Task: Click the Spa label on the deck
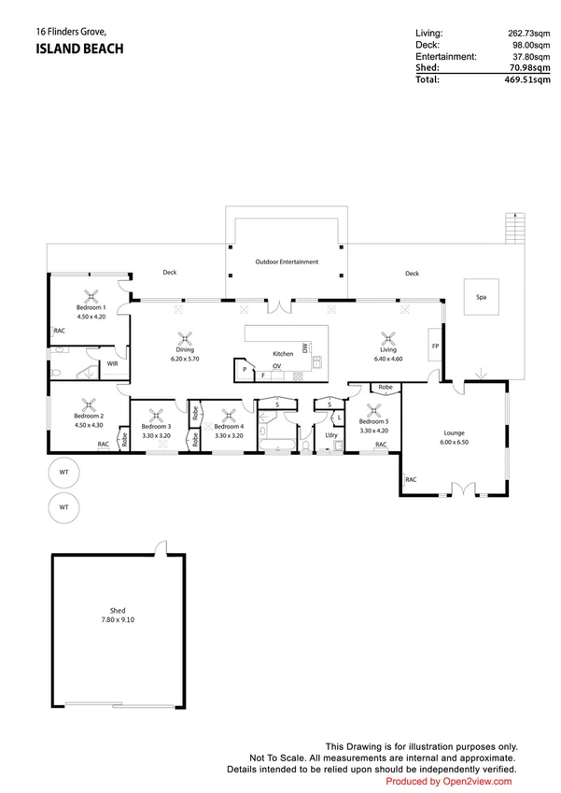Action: [482, 297]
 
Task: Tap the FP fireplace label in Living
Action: [435, 346]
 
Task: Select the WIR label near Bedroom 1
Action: [111, 363]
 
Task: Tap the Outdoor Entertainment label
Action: [287, 262]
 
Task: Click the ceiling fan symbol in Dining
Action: [185, 341]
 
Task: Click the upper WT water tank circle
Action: [63, 473]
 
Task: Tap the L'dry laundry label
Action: [330, 435]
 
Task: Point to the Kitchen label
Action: [283, 355]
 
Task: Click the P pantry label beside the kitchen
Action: [245, 369]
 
